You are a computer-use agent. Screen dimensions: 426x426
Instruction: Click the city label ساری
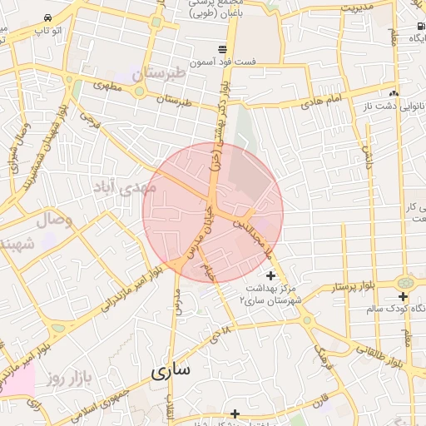tap(171, 371)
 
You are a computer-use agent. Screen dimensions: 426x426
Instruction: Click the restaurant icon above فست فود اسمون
tap(221, 49)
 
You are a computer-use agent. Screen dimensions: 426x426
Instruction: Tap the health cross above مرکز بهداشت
tap(270, 275)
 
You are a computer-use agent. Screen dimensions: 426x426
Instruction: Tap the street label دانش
tap(366, 151)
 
